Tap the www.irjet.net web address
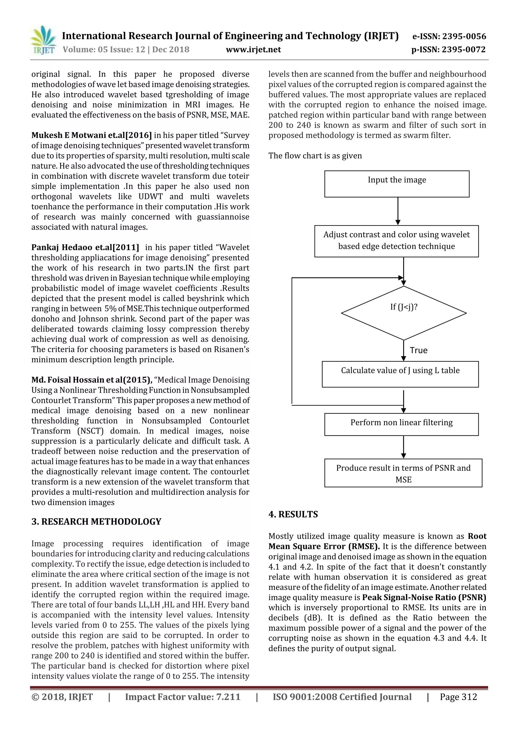(253, 50)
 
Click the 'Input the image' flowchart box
(397, 184)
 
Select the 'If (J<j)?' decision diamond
(404, 313)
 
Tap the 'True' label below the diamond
(418, 350)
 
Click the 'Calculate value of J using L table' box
(400, 374)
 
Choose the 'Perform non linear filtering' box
(401, 424)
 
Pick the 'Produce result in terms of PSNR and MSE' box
(403, 473)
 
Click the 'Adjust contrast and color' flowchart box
(396, 241)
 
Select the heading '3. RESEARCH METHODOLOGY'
(96, 522)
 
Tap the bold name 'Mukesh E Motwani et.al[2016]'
(92, 135)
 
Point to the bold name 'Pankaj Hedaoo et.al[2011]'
(85, 247)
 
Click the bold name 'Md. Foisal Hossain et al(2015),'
(92, 380)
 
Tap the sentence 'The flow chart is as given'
(315, 156)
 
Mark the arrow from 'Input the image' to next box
(398, 211)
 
